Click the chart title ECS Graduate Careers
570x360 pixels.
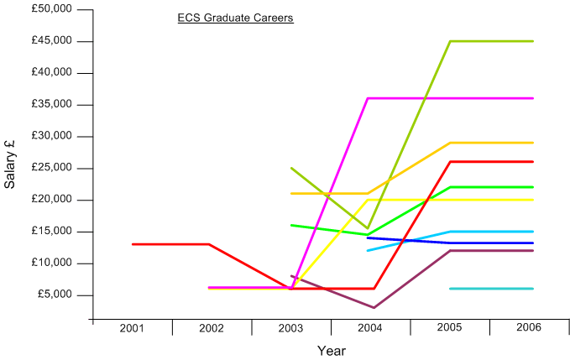click(235, 18)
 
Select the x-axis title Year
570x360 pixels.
click(331, 351)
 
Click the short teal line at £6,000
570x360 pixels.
click(491, 289)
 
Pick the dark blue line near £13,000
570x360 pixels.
click(491, 243)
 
